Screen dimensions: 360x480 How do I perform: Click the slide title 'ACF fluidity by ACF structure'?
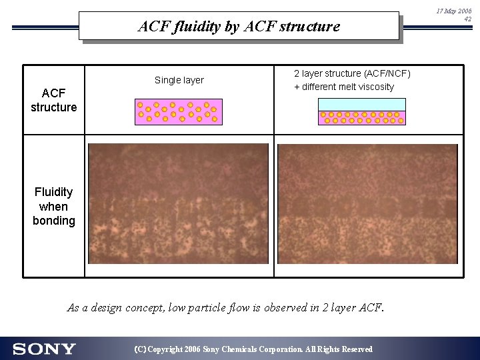point(239,27)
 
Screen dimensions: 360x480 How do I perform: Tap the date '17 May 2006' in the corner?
point(454,11)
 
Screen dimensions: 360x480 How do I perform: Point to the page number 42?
point(467,19)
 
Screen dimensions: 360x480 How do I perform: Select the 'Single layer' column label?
point(179,81)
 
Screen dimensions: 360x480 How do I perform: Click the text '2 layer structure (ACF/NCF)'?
point(353,74)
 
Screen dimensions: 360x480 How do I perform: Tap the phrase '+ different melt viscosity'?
point(344,87)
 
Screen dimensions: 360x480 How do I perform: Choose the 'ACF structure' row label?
point(54,100)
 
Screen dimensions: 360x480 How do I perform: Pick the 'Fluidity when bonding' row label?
point(54,206)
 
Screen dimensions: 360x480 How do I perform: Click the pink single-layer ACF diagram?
point(178,112)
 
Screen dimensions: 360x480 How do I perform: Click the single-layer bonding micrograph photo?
point(179,203)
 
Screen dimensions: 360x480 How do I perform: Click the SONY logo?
point(45,349)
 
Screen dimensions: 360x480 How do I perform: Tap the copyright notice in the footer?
point(253,349)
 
